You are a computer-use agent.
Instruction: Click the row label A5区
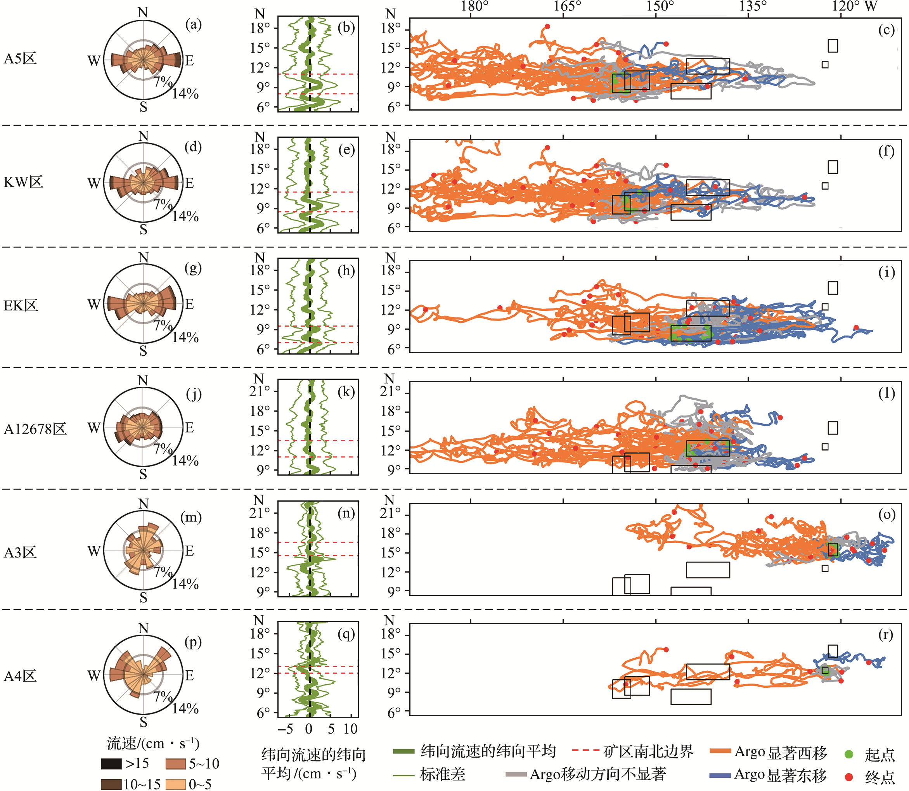click(x=20, y=59)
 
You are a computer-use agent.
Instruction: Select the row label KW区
click(x=23, y=182)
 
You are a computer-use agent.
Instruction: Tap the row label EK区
click(x=21, y=305)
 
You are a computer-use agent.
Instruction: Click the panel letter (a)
click(x=193, y=24)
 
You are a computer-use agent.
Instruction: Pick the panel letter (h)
click(x=346, y=270)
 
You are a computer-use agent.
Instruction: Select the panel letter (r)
click(x=886, y=634)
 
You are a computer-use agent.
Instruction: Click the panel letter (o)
click(x=886, y=514)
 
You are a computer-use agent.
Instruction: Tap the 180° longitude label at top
click(x=474, y=7)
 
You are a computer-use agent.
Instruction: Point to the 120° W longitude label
click(x=855, y=7)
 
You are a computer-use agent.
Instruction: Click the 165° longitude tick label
click(x=567, y=7)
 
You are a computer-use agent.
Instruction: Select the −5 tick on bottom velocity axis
click(x=286, y=729)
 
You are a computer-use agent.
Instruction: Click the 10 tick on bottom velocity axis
click(x=351, y=729)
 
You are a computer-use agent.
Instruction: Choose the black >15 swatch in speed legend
click(x=111, y=763)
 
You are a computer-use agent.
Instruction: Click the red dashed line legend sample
click(x=585, y=750)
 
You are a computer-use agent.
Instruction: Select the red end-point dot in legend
click(x=848, y=776)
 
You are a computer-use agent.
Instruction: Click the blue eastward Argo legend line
click(x=720, y=775)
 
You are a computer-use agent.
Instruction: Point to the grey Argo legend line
click(x=516, y=774)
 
